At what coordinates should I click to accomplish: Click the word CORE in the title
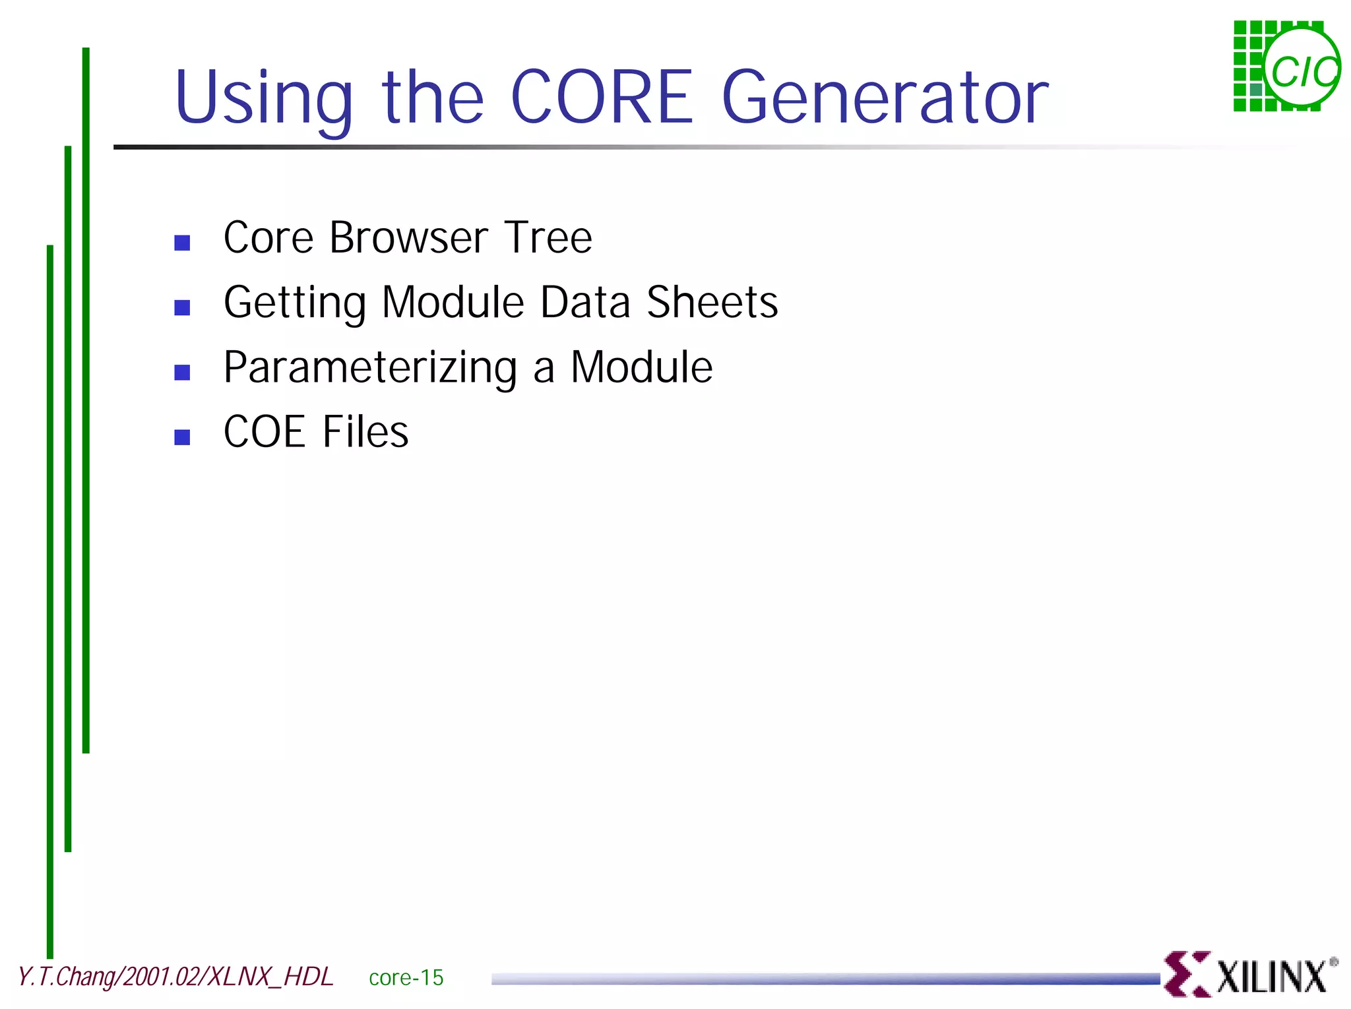(601, 98)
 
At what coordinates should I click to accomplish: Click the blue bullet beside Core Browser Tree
(182, 243)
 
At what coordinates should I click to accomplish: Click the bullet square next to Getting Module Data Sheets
(182, 307)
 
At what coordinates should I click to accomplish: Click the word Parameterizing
(370, 368)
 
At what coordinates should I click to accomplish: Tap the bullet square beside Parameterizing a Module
(182, 373)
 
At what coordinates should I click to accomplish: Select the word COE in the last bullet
(264, 432)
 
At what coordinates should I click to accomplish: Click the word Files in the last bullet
(365, 432)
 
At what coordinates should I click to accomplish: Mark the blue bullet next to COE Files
(182, 437)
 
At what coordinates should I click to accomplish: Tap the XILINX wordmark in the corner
(1271, 977)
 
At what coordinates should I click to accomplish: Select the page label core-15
(406, 977)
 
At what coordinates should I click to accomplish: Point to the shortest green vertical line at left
(86, 400)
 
